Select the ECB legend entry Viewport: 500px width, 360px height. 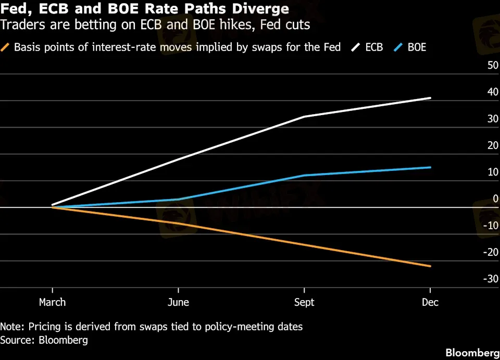pos(373,47)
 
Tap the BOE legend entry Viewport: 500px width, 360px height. pos(417,47)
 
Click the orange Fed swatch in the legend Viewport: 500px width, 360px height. pos(6,47)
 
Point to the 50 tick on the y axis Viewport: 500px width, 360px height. pos(492,66)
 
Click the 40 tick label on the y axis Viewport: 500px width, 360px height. pos(492,92)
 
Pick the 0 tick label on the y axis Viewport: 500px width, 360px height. pos(495,198)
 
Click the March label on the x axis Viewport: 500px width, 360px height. pos(52,302)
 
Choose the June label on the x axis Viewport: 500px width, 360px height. pos(179,302)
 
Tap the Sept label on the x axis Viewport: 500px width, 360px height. pos(304,302)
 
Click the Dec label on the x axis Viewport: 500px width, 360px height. pos(430,302)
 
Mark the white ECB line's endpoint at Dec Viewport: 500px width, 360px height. pos(430,98)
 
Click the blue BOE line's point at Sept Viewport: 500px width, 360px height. pos(304,176)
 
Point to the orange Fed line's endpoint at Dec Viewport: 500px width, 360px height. pos(430,266)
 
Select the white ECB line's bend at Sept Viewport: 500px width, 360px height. pos(304,117)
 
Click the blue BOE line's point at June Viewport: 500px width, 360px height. pos(179,200)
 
